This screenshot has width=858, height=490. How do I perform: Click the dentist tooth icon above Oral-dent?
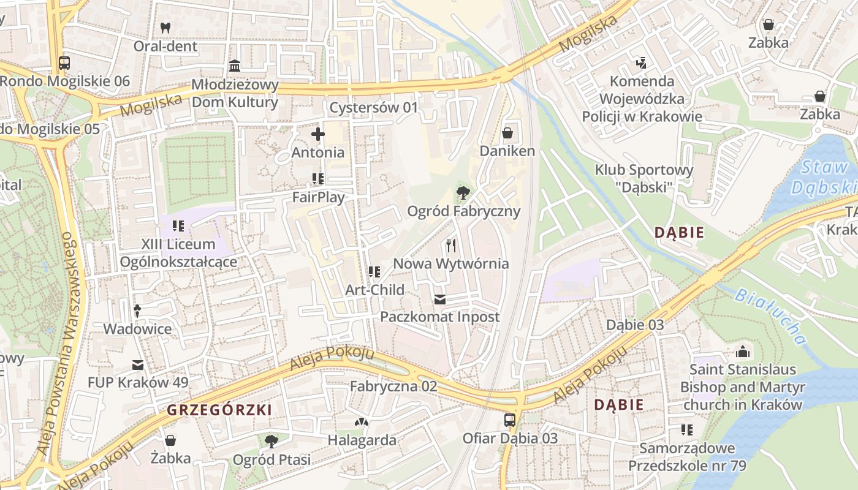(x=165, y=28)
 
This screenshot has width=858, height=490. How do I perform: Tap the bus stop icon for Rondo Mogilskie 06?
(x=64, y=62)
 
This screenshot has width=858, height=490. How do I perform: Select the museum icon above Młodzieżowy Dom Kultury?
(x=235, y=66)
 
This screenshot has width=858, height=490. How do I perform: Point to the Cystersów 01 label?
(x=373, y=108)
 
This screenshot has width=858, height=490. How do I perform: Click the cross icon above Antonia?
(x=317, y=134)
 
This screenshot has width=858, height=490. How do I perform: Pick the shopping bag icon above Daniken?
(x=507, y=133)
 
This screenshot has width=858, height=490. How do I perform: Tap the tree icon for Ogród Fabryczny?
(x=463, y=194)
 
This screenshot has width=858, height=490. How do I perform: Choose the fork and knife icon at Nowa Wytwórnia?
(x=451, y=246)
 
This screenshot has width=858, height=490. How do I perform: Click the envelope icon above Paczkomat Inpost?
(x=440, y=300)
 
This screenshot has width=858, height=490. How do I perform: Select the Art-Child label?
(x=374, y=290)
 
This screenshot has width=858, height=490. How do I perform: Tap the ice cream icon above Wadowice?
(x=137, y=311)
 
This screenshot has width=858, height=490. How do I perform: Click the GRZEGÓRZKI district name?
(x=219, y=410)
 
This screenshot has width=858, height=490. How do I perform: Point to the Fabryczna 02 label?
(x=393, y=386)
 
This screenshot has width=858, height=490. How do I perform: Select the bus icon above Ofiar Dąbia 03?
(x=509, y=420)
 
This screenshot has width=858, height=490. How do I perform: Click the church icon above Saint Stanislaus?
(x=742, y=352)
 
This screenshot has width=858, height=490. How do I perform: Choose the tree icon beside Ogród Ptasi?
(x=271, y=441)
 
